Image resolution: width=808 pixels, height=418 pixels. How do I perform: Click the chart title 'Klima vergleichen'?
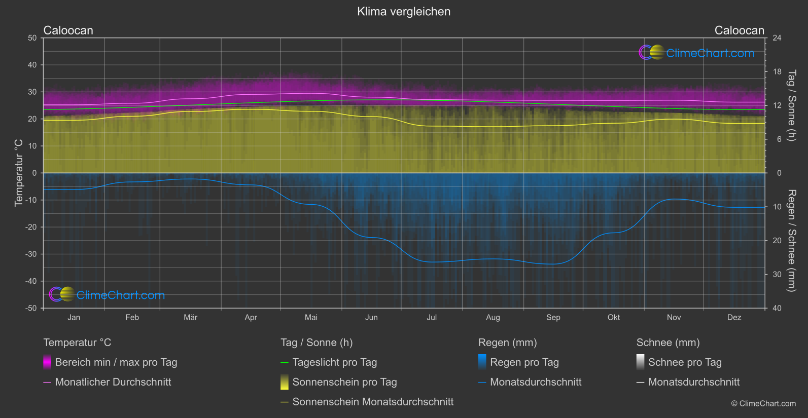404,12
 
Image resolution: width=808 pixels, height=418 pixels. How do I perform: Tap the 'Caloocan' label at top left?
68,30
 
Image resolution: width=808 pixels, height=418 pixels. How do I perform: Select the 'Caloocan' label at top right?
739,30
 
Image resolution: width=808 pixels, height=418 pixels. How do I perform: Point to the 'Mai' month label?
311,318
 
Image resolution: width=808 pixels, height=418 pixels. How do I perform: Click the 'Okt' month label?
614,318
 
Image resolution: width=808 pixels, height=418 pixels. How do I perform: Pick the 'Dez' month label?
734,318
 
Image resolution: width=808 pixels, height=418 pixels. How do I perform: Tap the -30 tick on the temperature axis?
31,254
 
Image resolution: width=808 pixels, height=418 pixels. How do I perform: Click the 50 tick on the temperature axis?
32,38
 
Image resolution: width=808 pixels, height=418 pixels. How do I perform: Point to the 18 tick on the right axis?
777,72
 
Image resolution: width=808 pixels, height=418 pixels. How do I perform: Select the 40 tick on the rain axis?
777,308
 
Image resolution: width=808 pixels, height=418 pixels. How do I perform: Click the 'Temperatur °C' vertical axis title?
19,173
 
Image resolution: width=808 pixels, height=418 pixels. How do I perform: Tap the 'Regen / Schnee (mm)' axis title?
791,241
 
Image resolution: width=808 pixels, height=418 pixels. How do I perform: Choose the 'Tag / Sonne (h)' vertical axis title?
791,106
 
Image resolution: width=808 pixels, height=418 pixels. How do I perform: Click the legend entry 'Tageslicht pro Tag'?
334,362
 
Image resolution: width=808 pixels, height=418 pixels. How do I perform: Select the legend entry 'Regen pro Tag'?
524,362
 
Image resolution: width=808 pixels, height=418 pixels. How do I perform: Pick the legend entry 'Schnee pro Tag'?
685,362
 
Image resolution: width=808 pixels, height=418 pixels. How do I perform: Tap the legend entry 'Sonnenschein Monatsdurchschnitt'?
373,402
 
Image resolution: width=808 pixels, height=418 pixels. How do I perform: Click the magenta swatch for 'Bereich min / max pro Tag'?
47,362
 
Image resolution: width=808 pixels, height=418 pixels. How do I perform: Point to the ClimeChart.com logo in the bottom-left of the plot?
107,294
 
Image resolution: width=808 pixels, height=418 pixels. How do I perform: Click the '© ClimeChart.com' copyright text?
763,404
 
